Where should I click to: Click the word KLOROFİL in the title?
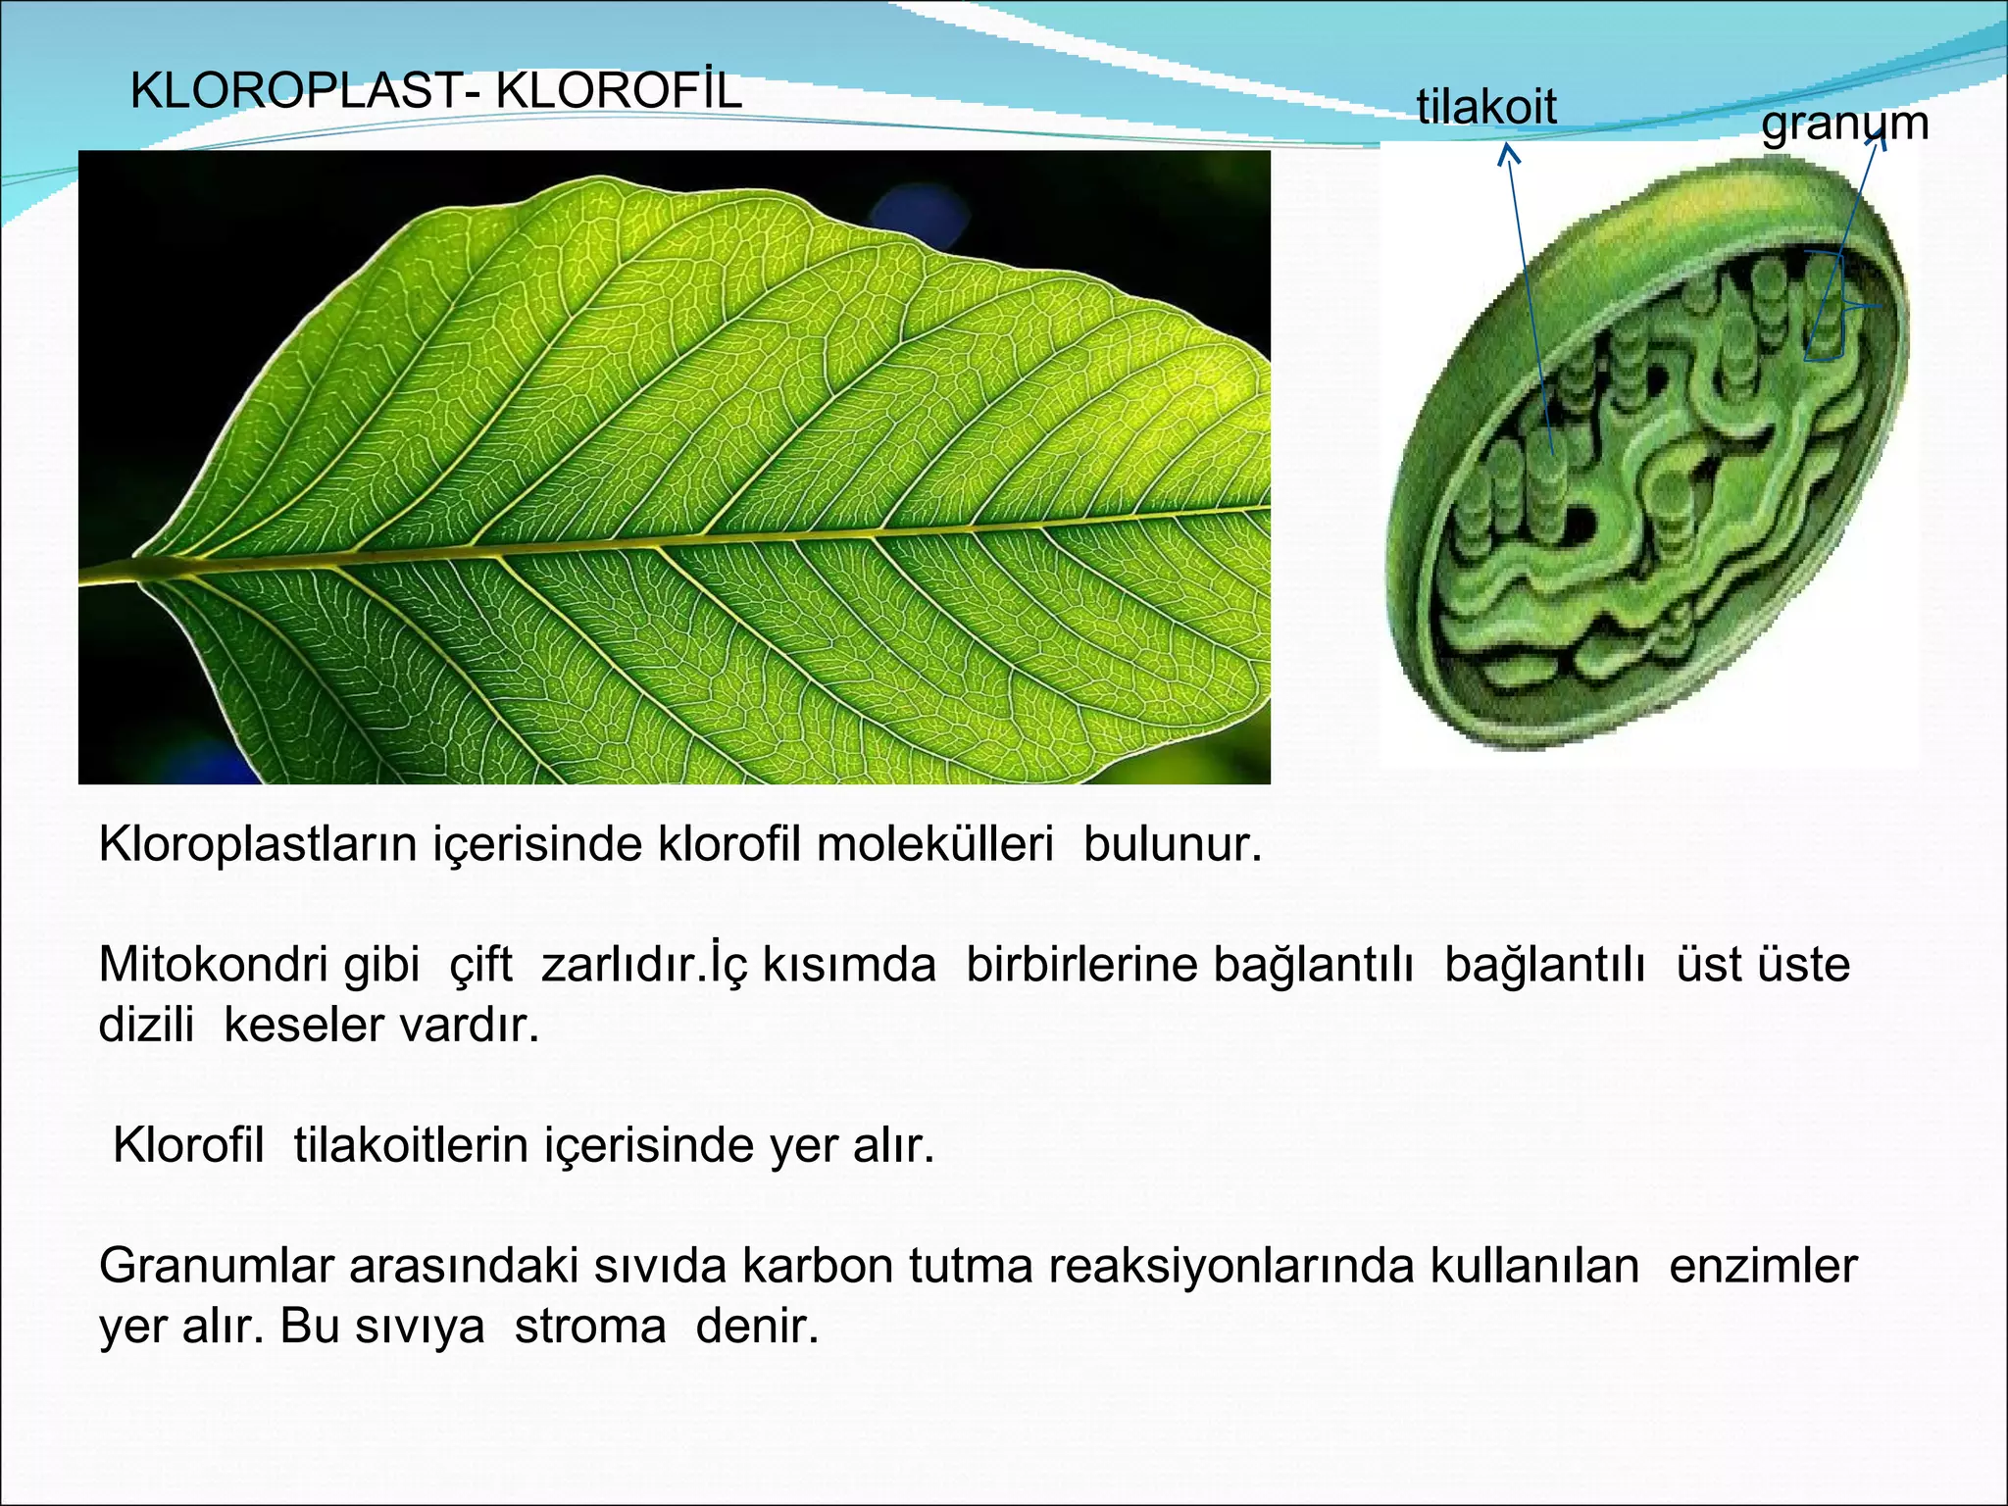[619, 91]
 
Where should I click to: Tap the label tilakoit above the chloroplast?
[1486, 106]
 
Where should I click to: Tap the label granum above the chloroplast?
[1844, 125]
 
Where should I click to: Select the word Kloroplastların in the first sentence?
[258, 844]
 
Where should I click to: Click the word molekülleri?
[934, 844]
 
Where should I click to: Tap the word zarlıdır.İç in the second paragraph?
[645, 965]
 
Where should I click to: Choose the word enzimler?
[1763, 1266]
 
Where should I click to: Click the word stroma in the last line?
[590, 1327]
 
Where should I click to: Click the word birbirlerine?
[1081, 965]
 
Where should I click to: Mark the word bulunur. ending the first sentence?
[1173, 844]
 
